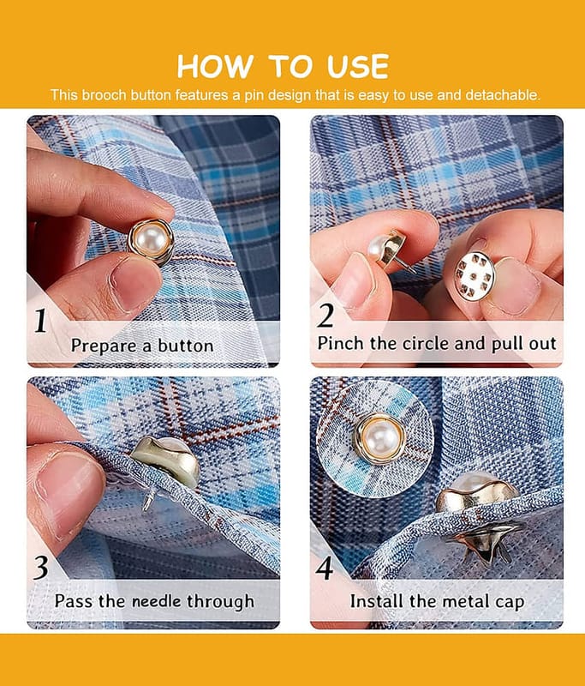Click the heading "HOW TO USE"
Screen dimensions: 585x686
coord(283,67)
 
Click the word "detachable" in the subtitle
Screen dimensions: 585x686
coord(503,95)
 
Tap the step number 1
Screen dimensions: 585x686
coord(40,321)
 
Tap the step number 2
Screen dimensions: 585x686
coord(325,316)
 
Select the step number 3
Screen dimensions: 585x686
coord(41,569)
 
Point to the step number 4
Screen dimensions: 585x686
coord(325,569)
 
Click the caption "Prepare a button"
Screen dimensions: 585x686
coord(142,346)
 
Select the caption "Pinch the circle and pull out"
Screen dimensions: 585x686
coord(437,344)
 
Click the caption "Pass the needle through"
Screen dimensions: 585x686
coord(154,601)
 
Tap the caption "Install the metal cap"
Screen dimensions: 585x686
coord(437,601)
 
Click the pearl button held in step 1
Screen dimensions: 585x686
coord(151,242)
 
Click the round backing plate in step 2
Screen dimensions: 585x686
coord(475,276)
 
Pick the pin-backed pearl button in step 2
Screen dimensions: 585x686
coord(386,250)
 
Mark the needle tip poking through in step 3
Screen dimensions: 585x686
coord(146,508)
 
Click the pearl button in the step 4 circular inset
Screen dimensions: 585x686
coord(379,439)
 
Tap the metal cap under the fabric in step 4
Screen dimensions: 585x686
coord(485,543)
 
